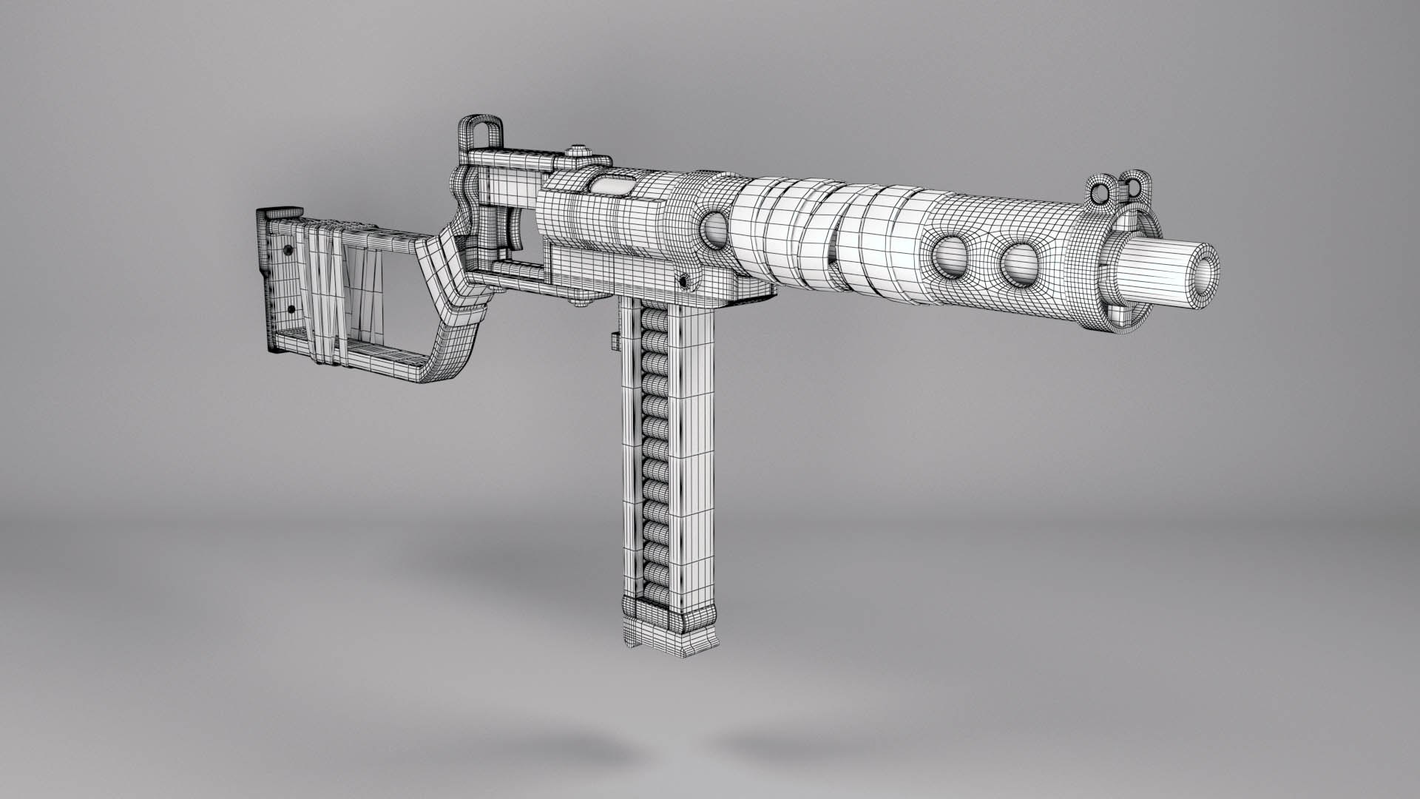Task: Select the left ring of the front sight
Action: [1101, 193]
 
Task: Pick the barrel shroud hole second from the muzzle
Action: [950, 256]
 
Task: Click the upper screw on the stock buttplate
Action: [285, 250]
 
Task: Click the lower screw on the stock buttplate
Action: [291, 309]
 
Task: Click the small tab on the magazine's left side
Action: [615, 341]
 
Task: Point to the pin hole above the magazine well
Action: [684, 282]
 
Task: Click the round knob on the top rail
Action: [579, 154]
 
